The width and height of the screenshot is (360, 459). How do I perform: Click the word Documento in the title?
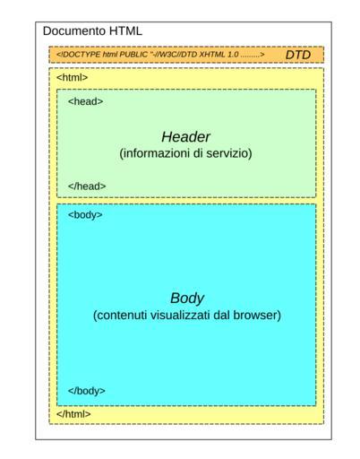[74, 31]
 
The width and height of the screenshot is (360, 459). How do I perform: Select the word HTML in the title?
[125, 31]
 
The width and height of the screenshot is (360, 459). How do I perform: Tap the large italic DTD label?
[298, 55]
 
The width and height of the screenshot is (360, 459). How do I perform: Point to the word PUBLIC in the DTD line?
[133, 55]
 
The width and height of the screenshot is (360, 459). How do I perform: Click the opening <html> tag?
[73, 77]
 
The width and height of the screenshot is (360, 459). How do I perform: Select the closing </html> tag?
[73, 414]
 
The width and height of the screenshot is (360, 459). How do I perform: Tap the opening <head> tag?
[86, 101]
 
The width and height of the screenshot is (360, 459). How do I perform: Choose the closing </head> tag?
[87, 186]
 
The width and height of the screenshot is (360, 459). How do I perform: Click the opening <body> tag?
[85, 215]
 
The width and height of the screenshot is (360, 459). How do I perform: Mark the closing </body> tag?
[87, 391]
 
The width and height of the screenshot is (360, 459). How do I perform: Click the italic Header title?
[185, 137]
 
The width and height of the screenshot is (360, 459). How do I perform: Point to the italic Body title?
[187, 299]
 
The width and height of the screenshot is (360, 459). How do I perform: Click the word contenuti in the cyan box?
[120, 316]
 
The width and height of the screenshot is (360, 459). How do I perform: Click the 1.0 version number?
[233, 55]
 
